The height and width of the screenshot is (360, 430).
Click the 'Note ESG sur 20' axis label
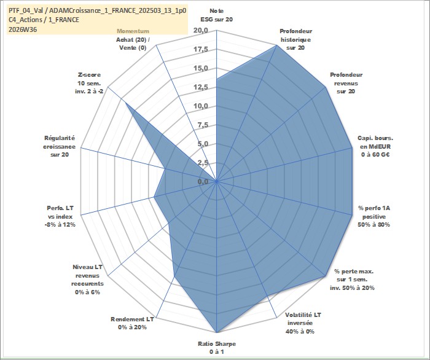coord(217,15)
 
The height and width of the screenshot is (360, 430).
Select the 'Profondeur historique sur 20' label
coord(295,39)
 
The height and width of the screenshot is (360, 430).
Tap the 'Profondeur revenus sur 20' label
coord(346,83)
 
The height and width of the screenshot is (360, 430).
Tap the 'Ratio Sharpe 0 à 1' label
coord(217,348)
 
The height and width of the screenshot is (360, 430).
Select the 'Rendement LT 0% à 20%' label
coord(132,323)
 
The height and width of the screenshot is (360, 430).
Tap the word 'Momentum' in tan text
coord(133,31)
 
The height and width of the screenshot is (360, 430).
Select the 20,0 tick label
coord(201,31)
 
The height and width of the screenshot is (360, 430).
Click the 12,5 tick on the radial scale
coord(201,87)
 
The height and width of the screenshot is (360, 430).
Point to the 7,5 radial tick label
coord(203,125)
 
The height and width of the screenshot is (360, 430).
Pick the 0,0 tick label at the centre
coord(203,181)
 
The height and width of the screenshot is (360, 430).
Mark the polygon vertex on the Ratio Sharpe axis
coord(217,332)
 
